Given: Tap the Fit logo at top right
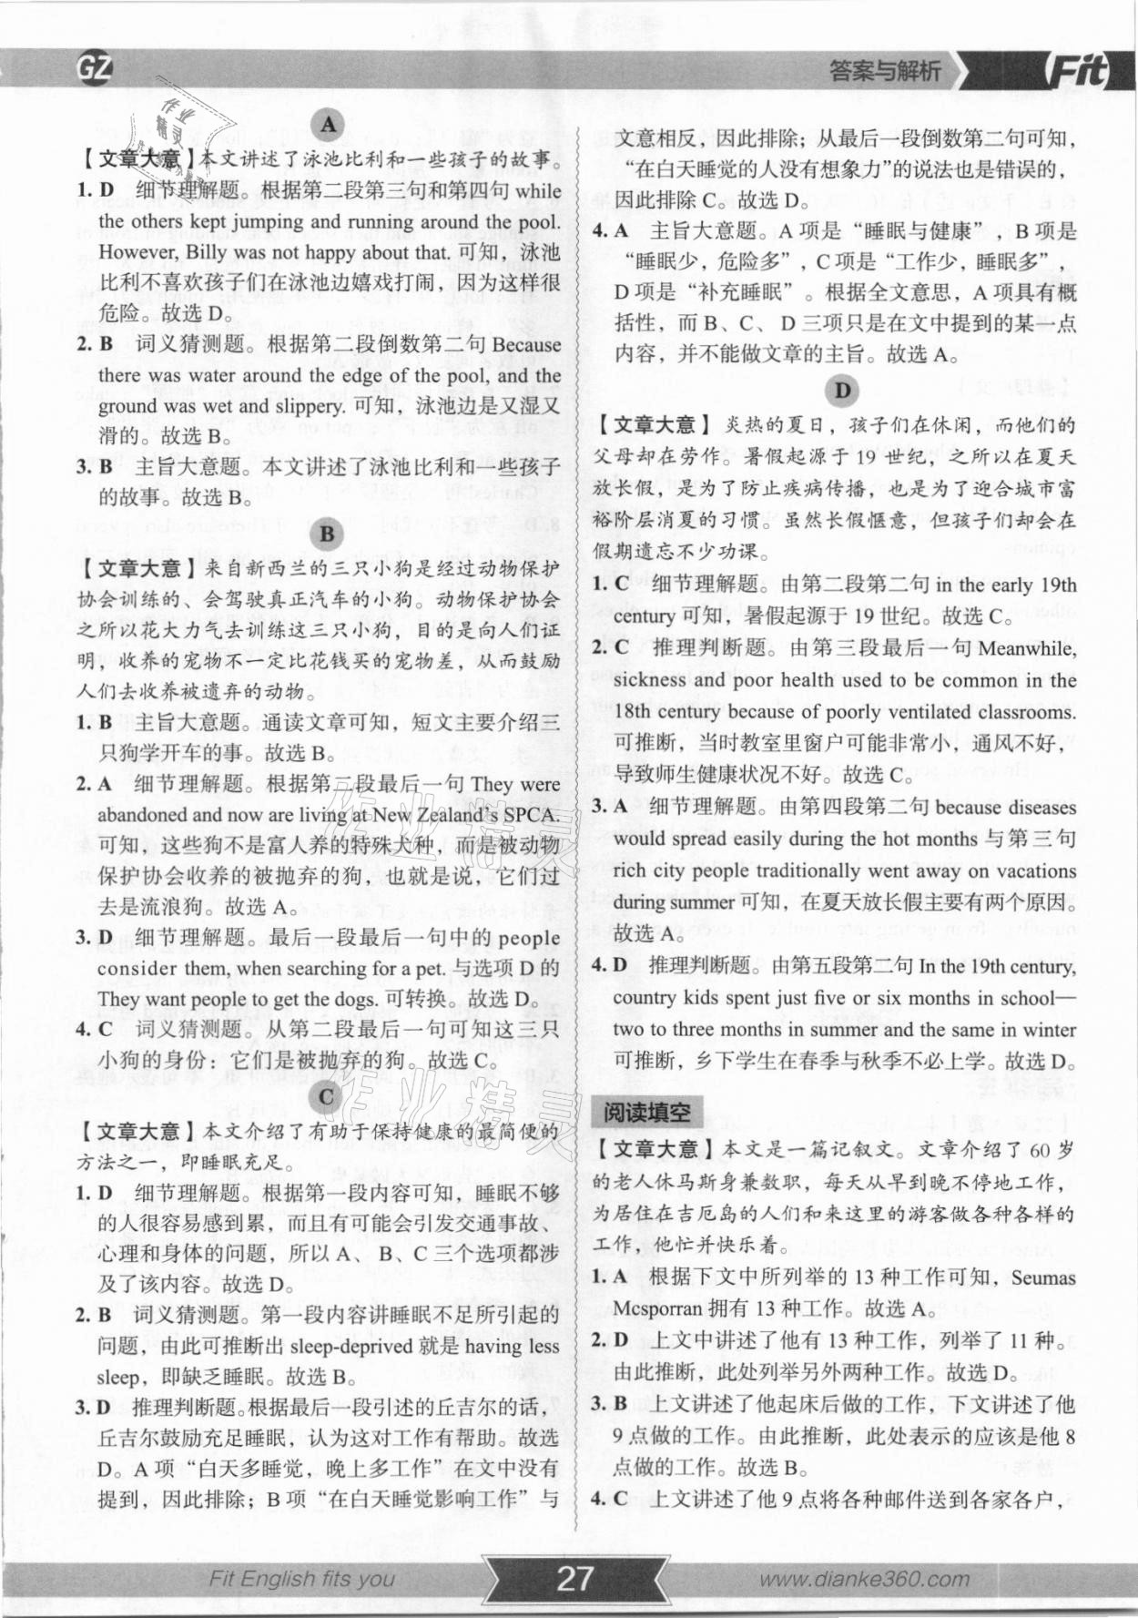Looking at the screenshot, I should tap(1079, 71).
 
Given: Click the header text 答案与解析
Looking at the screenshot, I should tap(884, 71).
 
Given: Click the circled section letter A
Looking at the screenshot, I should tap(327, 125).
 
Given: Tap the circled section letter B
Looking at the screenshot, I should tap(327, 534).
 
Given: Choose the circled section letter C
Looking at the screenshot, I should tap(327, 1096).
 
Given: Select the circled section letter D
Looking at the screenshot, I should tap(842, 391).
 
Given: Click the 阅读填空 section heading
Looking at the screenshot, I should tap(646, 1112).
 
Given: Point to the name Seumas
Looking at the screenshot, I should tap(1043, 1277).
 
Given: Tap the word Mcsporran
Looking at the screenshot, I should tap(657, 1308).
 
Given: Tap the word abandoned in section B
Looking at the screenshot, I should tap(142, 814).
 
